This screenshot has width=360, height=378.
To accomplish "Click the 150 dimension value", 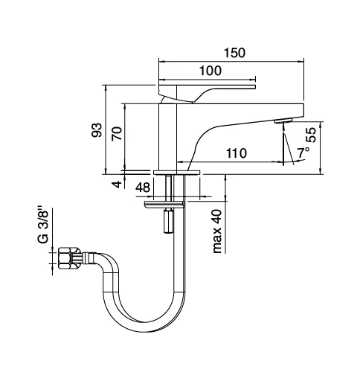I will (x=235, y=53).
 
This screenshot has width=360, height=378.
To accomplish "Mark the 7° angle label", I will (x=303, y=153).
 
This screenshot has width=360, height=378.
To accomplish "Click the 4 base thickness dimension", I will (x=117, y=184).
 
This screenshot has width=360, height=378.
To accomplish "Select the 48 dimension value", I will (x=143, y=188).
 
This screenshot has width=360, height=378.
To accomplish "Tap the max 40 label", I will (x=216, y=231).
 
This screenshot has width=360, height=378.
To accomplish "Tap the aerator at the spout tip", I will (x=283, y=120).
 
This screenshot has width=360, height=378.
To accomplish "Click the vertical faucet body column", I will (x=169, y=138).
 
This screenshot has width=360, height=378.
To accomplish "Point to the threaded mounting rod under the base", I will (x=172, y=187).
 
